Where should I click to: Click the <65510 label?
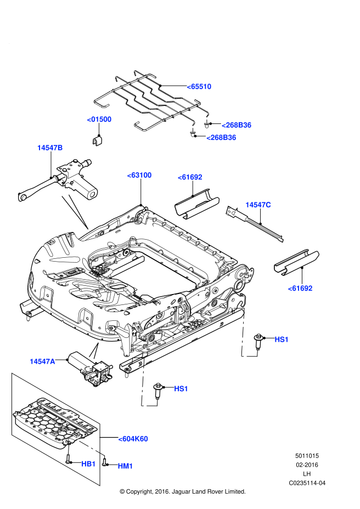pyautogui.click(x=199, y=87)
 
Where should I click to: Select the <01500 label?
pyautogui.click(x=99, y=120)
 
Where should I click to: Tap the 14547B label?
pyautogui.click(x=50, y=148)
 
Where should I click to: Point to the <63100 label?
pyautogui.click(x=139, y=175)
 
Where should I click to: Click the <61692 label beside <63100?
pyautogui.click(x=190, y=177)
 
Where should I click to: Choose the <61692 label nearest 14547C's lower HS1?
pyautogui.click(x=300, y=289)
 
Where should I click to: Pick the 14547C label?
pyautogui.click(x=258, y=205)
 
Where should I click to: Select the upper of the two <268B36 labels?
pyautogui.click(x=237, y=125)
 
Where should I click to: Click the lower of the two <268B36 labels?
pyautogui.click(x=221, y=138)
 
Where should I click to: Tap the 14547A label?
pyautogui.click(x=42, y=361)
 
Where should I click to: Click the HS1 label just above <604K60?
pyautogui.click(x=181, y=389)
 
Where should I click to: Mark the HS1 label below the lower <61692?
pyautogui.click(x=282, y=340)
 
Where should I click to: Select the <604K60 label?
pyautogui.click(x=133, y=439)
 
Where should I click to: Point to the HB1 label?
pyautogui.click(x=88, y=464)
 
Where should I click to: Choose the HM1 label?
pyautogui.click(x=125, y=466)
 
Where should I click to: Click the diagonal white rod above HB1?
pyautogui.click(x=91, y=448)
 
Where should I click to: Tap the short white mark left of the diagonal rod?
pyautogui.click(x=69, y=450)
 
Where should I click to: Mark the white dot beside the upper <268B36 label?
pyautogui.click(x=207, y=122)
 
